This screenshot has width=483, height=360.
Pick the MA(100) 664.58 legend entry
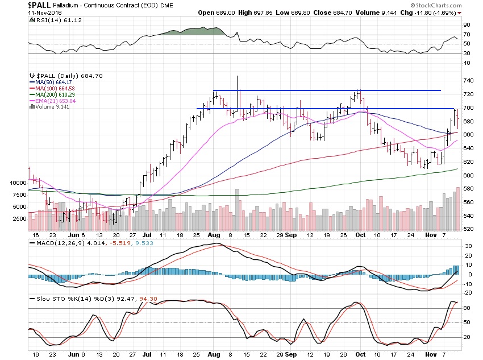(53, 88)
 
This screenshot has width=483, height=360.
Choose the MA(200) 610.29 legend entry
(53, 94)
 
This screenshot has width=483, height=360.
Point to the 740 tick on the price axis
(468, 81)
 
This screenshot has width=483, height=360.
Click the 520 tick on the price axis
(468, 229)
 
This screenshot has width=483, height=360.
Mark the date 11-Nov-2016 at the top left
(20, 12)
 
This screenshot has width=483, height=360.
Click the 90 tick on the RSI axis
(465, 25)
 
